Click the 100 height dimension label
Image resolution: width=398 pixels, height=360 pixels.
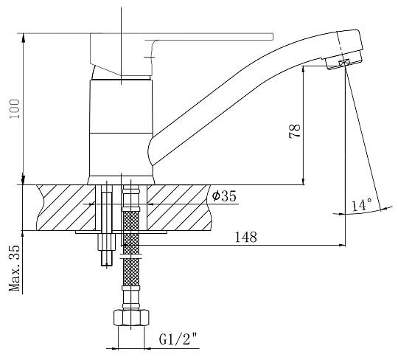pos(14,108)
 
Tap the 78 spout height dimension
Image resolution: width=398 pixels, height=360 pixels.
pos(295,131)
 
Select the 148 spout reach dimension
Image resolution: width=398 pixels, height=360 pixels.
pos(246,237)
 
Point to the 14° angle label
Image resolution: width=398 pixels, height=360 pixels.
pos(362,205)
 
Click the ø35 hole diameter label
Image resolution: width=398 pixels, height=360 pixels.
pos(224,196)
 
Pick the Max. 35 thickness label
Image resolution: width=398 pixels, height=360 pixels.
pos(15,268)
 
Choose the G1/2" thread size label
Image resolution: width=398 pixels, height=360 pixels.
pos(178,339)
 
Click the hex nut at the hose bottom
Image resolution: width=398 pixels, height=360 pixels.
pos(131,317)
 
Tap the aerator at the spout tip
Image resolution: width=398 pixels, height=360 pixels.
pos(344,60)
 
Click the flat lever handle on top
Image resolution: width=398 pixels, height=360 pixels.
pos(181,37)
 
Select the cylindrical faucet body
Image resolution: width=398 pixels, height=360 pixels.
pos(122,131)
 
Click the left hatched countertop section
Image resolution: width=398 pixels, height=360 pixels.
pos(66,207)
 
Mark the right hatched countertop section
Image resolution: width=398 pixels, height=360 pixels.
pos(179,207)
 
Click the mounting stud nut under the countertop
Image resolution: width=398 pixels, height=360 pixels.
pos(107,241)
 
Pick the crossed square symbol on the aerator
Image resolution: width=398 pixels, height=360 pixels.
pos(344,63)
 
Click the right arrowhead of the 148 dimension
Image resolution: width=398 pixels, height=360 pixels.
pos(343,245)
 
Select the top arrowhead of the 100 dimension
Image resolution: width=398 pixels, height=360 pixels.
pos(24,37)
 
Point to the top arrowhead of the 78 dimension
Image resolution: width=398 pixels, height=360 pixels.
pos(304,70)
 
